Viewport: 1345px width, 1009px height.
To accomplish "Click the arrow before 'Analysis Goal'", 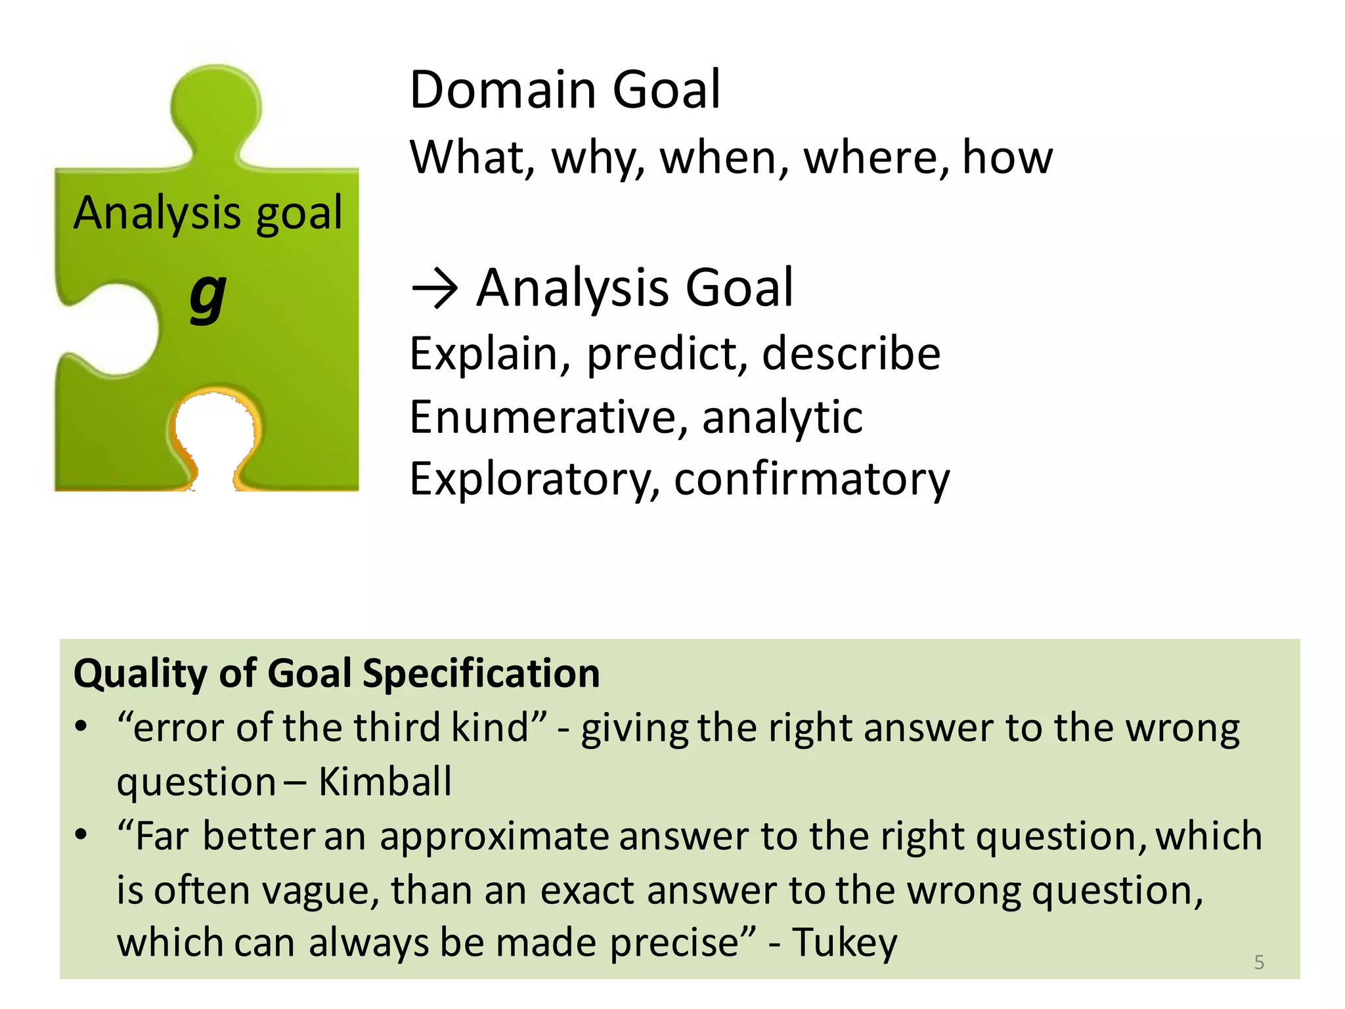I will coord(434,289).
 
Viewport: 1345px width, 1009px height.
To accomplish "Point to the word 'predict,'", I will coord(667,355).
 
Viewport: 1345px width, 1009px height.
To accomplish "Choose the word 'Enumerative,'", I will coord(549,417).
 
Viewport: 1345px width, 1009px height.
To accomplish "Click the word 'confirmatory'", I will coord(812,480).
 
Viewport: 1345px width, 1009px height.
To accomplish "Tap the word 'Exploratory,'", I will coord(535,480).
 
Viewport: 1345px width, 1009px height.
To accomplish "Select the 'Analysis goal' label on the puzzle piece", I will coord(208,213).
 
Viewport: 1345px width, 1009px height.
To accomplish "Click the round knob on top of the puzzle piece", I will coord(215,105).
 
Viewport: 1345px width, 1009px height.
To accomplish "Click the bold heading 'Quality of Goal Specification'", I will coord(337,673).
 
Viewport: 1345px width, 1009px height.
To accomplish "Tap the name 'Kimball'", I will coord(386,782).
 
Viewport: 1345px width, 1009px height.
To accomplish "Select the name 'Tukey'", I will coord(845,943).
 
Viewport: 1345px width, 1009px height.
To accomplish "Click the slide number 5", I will coord(1259,962).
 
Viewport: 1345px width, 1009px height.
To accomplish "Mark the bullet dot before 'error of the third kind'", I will coord(81,727).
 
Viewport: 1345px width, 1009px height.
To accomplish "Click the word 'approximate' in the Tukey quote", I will coord(494,837).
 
